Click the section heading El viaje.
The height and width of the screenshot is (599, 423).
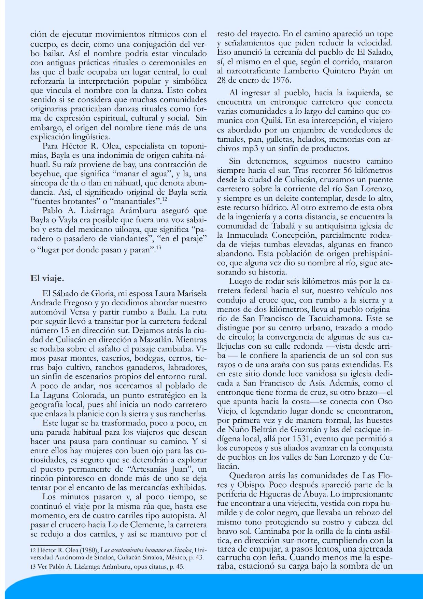(47, 278)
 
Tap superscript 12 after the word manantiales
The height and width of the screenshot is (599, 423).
(165, 199)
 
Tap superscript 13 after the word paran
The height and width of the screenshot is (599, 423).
(158, 247)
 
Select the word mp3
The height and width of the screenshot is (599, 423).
(248, 149)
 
